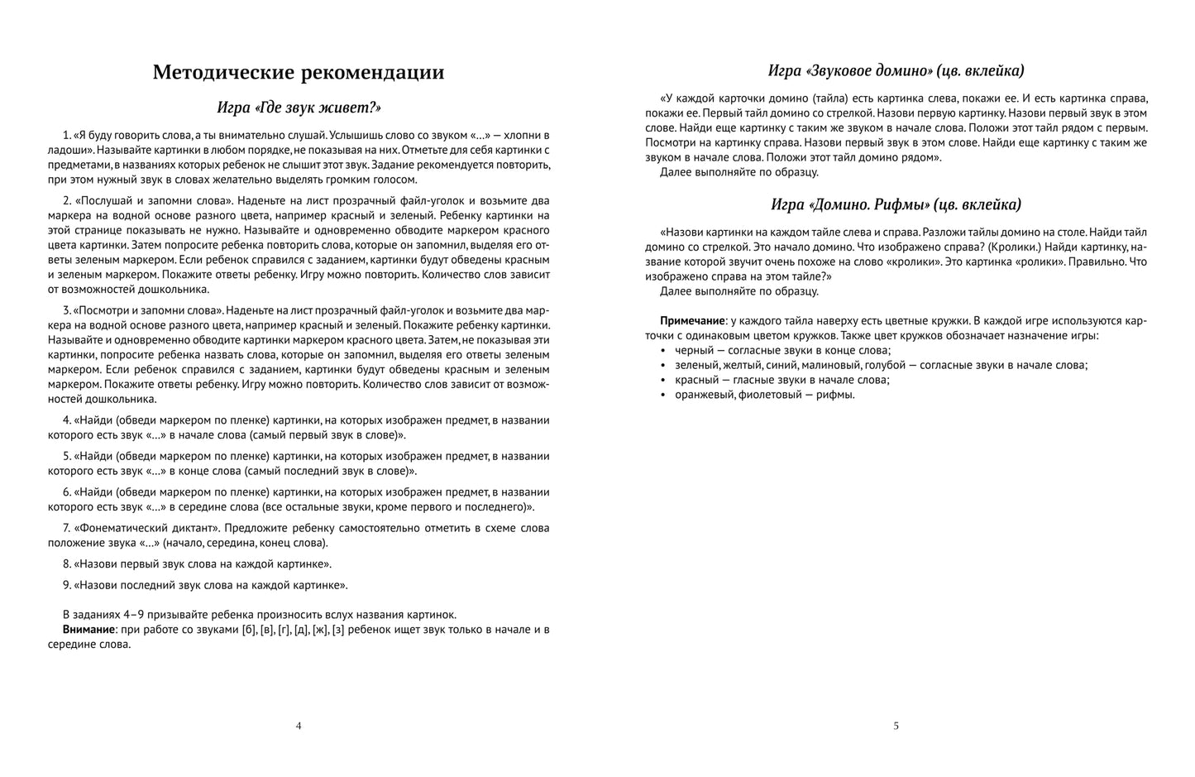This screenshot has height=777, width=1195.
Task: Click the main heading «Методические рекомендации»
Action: coord(299,73)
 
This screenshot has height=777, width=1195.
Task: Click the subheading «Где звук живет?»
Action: coord(299,108)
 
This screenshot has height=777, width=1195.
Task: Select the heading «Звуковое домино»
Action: coord(896,70)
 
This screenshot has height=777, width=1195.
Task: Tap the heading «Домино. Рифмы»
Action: coord(896,204)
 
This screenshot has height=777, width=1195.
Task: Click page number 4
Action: coord(299,726)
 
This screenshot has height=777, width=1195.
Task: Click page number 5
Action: coord(896,726)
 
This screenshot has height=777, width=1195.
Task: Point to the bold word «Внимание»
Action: coord(88,630)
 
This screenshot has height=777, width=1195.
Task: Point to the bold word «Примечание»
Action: coord(692,320)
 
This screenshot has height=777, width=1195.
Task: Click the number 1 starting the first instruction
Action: coord(65,135)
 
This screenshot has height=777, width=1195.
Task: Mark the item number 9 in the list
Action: coord(66,585)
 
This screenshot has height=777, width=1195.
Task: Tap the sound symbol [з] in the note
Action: coord(338,630)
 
